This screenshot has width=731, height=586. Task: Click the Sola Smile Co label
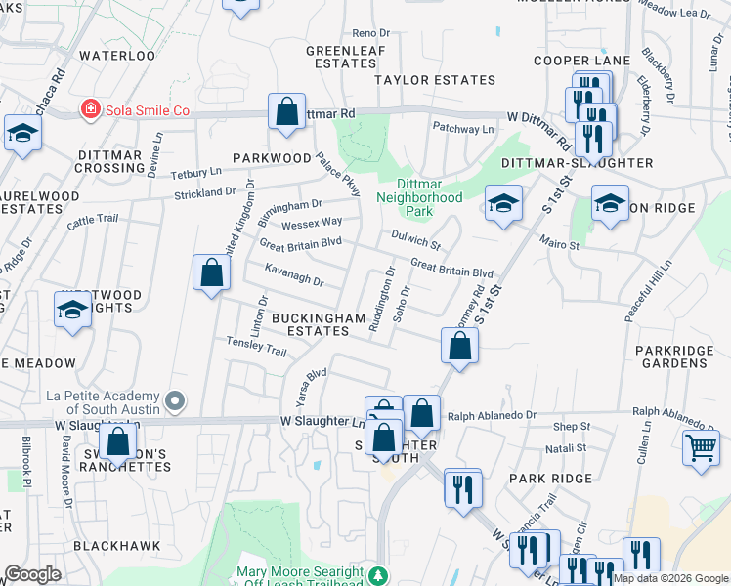coord(147,109)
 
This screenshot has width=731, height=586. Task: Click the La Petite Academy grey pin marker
coord(175,400)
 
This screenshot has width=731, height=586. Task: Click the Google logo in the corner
coord(32,574)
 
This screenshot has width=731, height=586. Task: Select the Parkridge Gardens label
coord(670,356)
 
